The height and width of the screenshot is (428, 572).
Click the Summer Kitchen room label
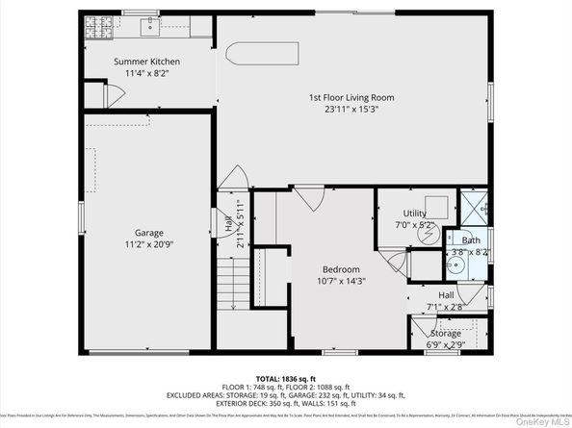point(146,62)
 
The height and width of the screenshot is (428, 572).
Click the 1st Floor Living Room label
point(351,97)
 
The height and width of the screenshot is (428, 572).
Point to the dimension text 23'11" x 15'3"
point(351,109)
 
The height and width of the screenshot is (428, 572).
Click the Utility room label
point(414,214)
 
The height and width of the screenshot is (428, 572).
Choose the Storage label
point(446,333)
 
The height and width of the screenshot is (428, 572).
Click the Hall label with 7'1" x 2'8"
point(446,301)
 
